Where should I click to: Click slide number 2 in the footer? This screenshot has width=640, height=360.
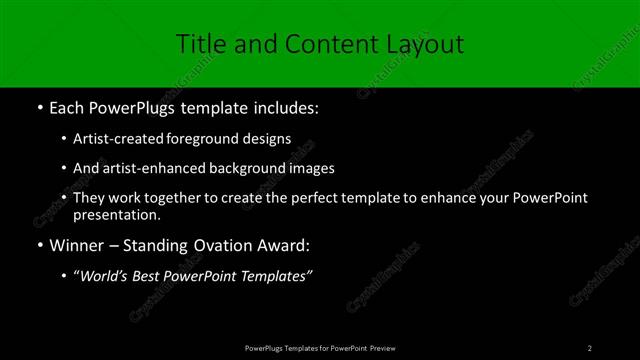(590, 347)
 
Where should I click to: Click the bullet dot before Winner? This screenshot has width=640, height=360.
(39, 245)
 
